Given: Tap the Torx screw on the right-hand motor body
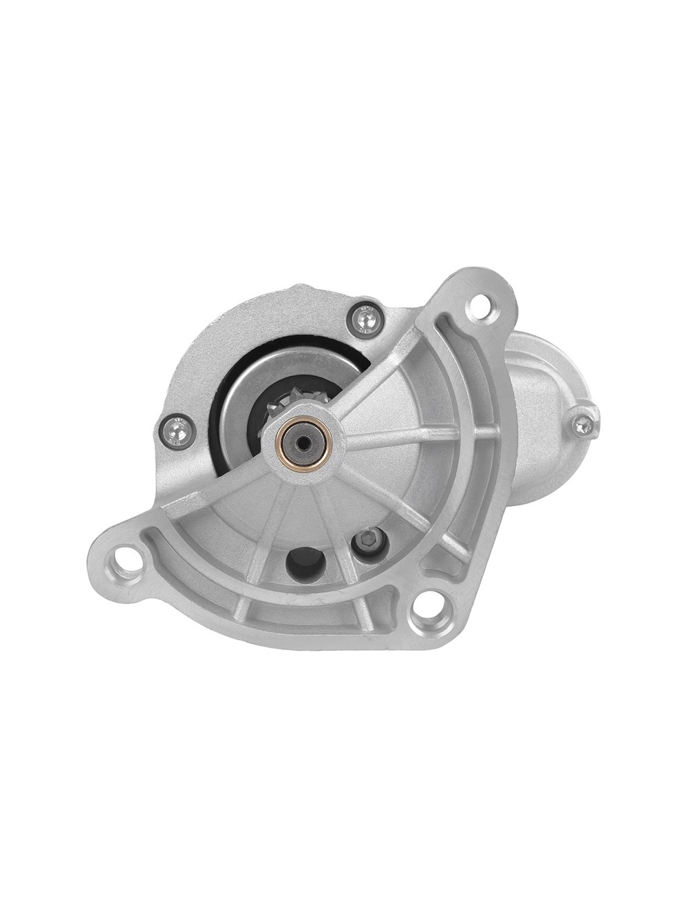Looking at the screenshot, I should [583, 420].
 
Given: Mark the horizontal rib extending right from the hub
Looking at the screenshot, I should [406, 436].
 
